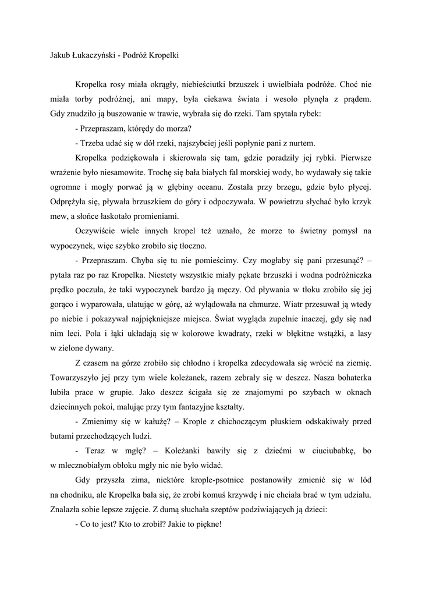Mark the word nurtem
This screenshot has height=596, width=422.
(x=302, y=142)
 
